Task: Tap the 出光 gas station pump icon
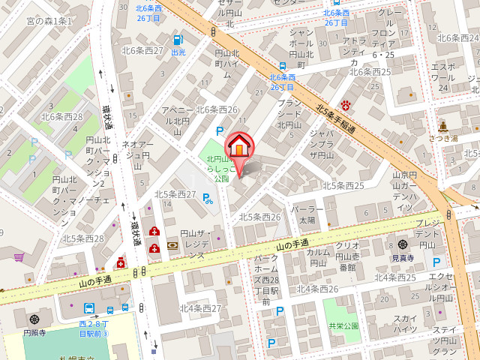click(178, 40)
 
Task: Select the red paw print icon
click(346, 105)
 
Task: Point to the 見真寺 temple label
click(403, 257)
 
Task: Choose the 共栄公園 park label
click(343, 326)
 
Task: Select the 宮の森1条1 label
click(49, 21)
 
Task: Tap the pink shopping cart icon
click(19, 256)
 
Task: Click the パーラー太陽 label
click(307, 214)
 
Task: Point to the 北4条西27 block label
click(200, 308)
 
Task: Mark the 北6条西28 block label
click(62, 116)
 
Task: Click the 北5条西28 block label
click(83, 238)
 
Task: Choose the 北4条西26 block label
click(317, 289)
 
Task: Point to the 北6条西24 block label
click(457, 38)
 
